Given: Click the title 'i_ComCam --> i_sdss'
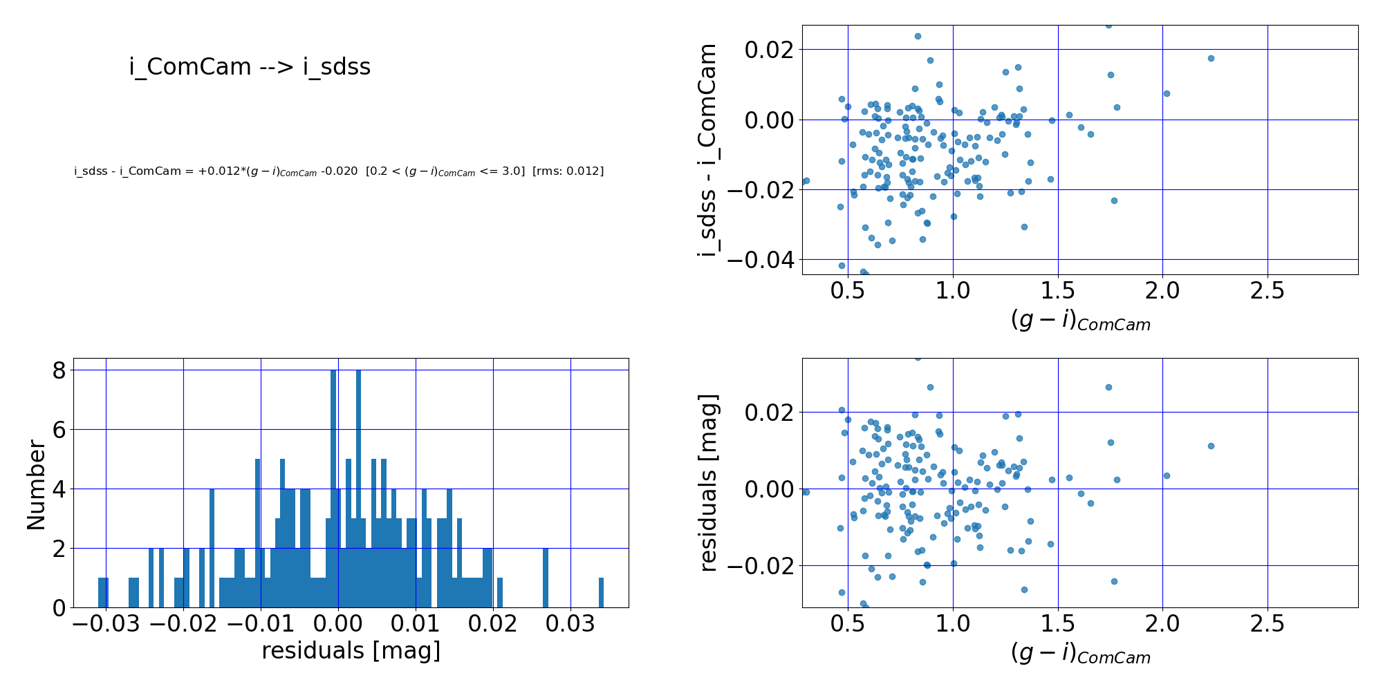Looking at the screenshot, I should pyautogui.click(x=250, y=67).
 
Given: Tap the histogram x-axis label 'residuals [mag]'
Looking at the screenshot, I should pyautogui.click(x=351, y=651).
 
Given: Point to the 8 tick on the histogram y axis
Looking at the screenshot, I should pyautogui.click(x=59, y=371).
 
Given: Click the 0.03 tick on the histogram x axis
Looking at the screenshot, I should pyautogui.click(x=570, y=625).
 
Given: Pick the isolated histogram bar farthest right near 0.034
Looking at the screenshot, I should pyautogui.click(x=601, y=593).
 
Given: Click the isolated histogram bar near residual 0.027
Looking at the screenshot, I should pyautogui.click(x=545, y=578).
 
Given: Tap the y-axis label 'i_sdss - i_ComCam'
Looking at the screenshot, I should pyautogui.click(x=707, y=150).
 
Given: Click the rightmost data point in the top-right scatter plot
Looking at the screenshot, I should pyautogui.click(x=1211, y=58).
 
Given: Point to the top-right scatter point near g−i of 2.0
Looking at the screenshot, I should pyautogui.click(x=1167, y=93).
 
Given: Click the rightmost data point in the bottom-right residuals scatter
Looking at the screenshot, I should pyautogui.click(x=1211, y=446).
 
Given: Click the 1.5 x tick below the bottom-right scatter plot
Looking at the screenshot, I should pyautogui.click(x=1057, y=624).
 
